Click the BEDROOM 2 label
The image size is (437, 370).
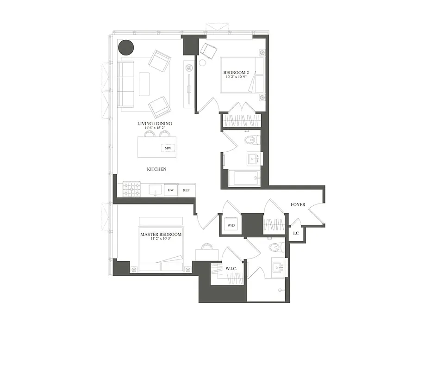[x=236, y=73]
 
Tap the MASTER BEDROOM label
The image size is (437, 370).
[x=161, y=234]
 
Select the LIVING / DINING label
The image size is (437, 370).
[x=155, y=123]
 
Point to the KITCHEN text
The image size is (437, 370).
[x=156, y=169]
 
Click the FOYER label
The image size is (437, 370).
[x=298, y=204]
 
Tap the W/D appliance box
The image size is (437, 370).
[x=231, y=226]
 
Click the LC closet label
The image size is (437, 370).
[x=296, y=233]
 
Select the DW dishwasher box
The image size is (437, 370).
[x=170, y=190]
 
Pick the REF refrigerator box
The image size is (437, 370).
[x=186, y=190]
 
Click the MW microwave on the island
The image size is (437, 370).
[x=166, y=148]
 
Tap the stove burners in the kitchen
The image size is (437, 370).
[x=131, y=189]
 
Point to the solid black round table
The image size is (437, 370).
[x=126, y=47]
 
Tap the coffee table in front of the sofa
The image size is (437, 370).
[x=144, y=84]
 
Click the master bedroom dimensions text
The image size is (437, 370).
[x=161, y=240]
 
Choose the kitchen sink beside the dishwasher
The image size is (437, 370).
[x=155, y=190]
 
